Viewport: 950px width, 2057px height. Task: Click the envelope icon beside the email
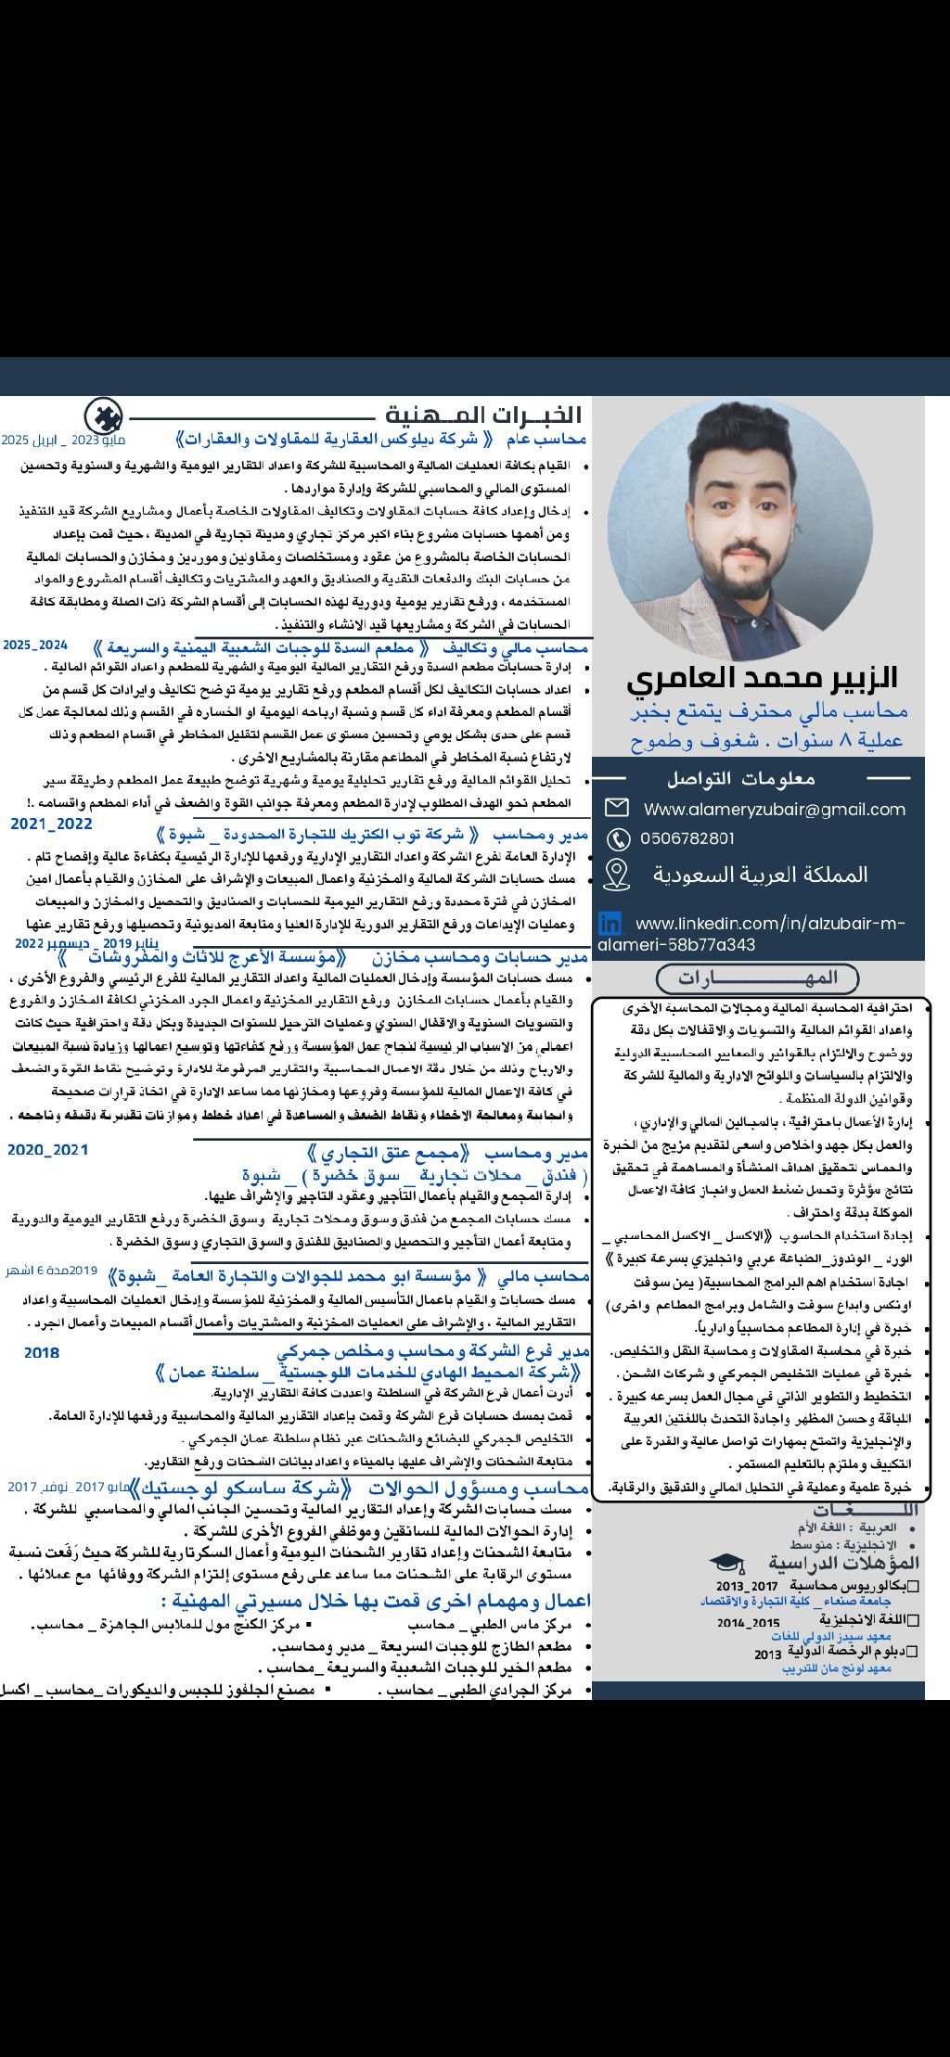coord(616,808)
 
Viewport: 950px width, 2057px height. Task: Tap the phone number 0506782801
coord(687,838)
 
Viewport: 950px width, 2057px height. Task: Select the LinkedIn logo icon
coord(610,923)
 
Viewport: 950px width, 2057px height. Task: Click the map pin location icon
coord(616,874)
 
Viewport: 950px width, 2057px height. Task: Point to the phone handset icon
coord(617,839)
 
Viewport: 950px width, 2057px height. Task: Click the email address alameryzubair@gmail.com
coord(775,809)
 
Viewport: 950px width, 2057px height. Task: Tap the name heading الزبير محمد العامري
coord(762,677)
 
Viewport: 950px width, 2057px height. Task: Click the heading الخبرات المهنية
coord(483,415)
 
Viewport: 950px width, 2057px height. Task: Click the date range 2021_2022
coord(52,824)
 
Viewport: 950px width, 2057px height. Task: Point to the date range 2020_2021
coord(48,1150)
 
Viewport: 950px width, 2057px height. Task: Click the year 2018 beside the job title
coord(42,1353)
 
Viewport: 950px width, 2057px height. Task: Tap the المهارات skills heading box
coord(757,977)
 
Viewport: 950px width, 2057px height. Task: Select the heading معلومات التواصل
coord(740,778)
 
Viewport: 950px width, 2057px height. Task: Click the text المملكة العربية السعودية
coord(760,875)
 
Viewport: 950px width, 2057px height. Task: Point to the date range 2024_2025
coord(35,645)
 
